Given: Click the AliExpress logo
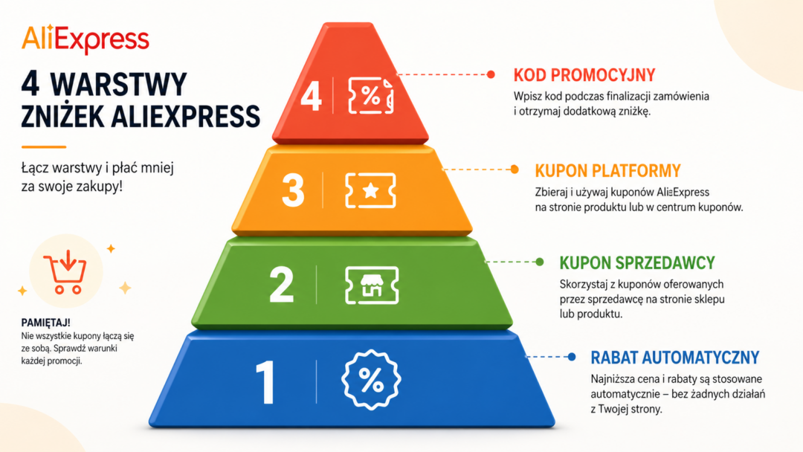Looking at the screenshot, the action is [86, 39].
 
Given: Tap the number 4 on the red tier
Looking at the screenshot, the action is [311, 96].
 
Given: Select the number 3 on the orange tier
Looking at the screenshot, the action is [293, 191].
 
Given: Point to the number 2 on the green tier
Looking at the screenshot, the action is [281, 285].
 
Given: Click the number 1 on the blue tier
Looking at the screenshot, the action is [265, 382].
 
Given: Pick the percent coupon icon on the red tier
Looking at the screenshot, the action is [371, 96].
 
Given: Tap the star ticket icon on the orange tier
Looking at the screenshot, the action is [371, 190].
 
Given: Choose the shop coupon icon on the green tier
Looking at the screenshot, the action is [372, 285].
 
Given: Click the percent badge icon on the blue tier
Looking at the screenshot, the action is [371, 380].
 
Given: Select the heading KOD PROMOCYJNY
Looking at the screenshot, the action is [584, 75].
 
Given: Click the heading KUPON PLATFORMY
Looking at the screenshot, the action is [608, 171].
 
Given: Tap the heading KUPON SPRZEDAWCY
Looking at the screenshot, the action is [637, 263].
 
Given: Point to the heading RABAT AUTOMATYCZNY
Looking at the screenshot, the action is [675, 358].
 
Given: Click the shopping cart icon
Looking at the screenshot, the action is [65, 272].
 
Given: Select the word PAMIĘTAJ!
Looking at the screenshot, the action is [45, 323].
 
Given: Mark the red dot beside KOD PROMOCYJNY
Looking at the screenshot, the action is [491, 75].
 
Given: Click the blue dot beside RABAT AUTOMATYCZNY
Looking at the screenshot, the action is [572, 357].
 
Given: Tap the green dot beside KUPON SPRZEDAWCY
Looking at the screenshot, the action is [540, 262].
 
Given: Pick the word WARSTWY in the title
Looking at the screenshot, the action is [118, 85].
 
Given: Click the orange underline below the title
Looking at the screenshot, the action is [44, 147].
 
